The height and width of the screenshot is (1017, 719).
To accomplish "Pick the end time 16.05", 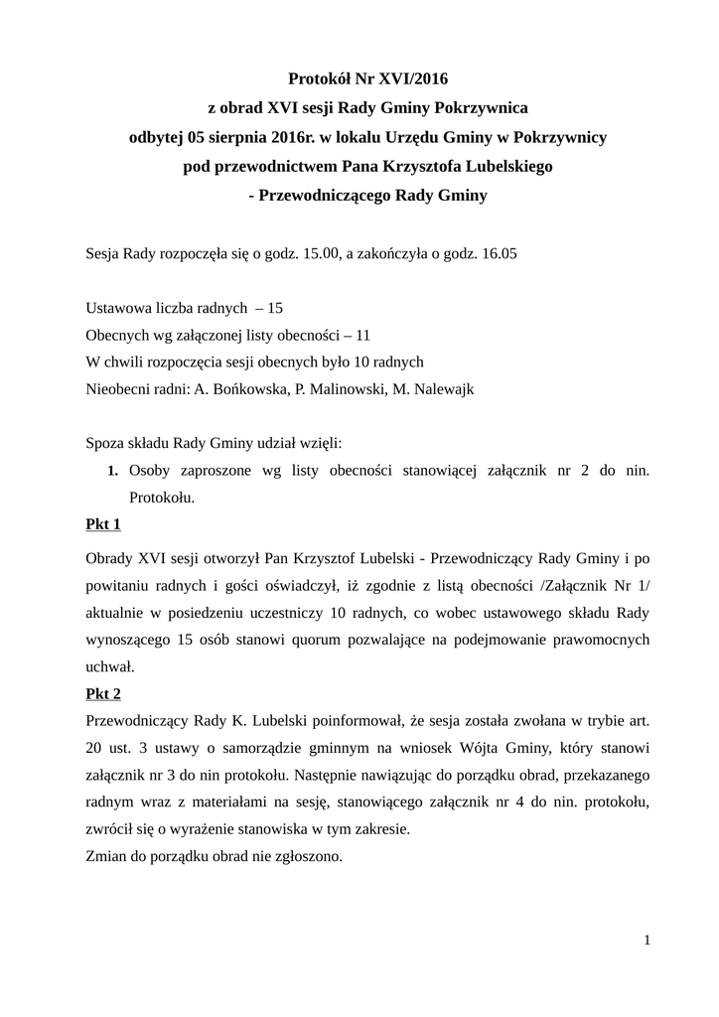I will click(x=499, y=254).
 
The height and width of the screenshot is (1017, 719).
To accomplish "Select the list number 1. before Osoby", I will click(x=113, y=470).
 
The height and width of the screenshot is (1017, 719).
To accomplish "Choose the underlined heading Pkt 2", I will click(x=104, y=694).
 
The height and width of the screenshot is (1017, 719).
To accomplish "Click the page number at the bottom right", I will click(x=647, y=940).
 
